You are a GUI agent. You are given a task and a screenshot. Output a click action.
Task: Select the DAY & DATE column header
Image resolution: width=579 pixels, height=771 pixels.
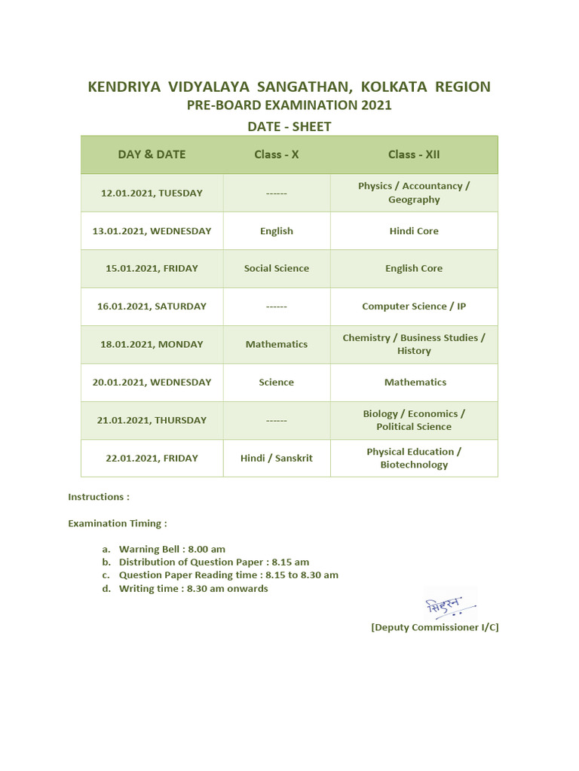tap(152, 154)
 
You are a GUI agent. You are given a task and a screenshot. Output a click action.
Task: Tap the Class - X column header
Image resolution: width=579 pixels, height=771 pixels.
tap(277, 154)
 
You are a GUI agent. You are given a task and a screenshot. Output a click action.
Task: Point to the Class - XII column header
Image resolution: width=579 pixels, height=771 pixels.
tap(414, 154)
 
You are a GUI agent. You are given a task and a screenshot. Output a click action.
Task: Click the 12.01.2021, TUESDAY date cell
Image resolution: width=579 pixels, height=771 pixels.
tap(152, 193)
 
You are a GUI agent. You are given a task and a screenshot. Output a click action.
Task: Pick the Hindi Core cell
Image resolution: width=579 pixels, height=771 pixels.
tap(414, 231)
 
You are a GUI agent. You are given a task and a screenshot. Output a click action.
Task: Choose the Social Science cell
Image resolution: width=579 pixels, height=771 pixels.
tap(277, 268)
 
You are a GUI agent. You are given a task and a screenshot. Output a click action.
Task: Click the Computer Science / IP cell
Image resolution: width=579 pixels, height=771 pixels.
tap(414, 306)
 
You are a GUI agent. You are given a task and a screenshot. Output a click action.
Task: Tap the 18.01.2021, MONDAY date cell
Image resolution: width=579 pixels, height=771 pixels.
tap(152, 344)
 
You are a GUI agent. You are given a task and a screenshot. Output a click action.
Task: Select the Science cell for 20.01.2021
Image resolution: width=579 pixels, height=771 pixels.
tap(277, 382)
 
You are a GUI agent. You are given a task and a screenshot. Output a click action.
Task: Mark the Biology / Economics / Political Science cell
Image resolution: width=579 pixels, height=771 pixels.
tap(414, 420)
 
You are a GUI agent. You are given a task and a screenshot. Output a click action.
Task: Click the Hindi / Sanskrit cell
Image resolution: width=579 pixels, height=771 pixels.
tap(277, 458)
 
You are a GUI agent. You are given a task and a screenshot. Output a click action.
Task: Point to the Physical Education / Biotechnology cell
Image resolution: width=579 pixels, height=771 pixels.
tap(414, 458)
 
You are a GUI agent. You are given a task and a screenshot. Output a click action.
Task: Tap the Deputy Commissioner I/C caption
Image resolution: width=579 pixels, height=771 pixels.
tap(435, 627)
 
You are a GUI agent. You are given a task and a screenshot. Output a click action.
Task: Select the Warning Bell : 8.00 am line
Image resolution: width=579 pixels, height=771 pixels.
tap(172, 549)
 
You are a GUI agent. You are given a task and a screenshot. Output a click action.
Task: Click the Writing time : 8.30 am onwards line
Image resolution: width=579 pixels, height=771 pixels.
tap(193, 588)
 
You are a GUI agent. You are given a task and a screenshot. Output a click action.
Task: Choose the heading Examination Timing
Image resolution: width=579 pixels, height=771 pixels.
tap(118, 523)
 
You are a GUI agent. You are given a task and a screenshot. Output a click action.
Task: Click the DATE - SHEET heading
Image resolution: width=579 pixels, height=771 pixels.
tap(289, 126)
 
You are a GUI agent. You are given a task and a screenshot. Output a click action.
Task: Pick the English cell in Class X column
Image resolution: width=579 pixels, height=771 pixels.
tap(277, 231)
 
